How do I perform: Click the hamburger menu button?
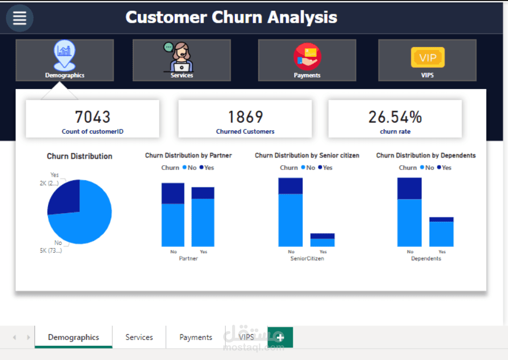tap(19, 18)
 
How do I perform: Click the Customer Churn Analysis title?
tap(231, 17)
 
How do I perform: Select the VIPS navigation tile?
tap(427, 60)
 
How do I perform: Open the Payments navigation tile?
tap(307, 60)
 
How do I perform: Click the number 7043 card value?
tap(93, 117)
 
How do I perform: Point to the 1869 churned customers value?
tap(245, 117)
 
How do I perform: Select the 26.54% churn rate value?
tap(395, 117)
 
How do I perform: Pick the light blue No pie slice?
tap(87, 221)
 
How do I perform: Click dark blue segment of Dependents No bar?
tap(410, 188)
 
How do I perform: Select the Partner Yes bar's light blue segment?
tap(203, 222)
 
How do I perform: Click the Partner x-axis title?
tap(188, 258)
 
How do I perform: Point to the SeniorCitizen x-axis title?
tap(307, 258)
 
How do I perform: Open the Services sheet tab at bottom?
tap(139, 337)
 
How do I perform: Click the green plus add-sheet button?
tap(280, 337)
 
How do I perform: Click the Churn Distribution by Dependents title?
tap(426, 155)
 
